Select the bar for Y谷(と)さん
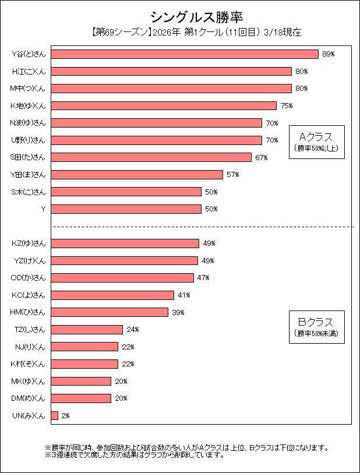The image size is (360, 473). pos(185,54)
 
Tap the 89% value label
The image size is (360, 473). pos(329,54)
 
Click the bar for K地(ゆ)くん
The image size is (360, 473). pos(164,106)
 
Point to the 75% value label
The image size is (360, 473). pos(286,106)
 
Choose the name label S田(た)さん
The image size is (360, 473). pos(28,157)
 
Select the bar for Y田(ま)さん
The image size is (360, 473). pos(137,175)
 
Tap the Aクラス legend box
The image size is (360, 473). pos(316,142)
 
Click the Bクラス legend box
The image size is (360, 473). pos(316,327)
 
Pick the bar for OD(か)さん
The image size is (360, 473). pos(122,278)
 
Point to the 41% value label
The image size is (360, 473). pos(184,295)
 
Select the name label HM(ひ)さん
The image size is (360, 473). pos(28,312)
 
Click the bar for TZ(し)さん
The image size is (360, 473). pos(87,330)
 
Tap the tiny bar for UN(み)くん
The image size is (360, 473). pos(55,416)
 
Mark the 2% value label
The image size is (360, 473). pos(65,416)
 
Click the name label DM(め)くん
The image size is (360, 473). pos(29,398)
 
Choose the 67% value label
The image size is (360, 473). pos(261,157)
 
